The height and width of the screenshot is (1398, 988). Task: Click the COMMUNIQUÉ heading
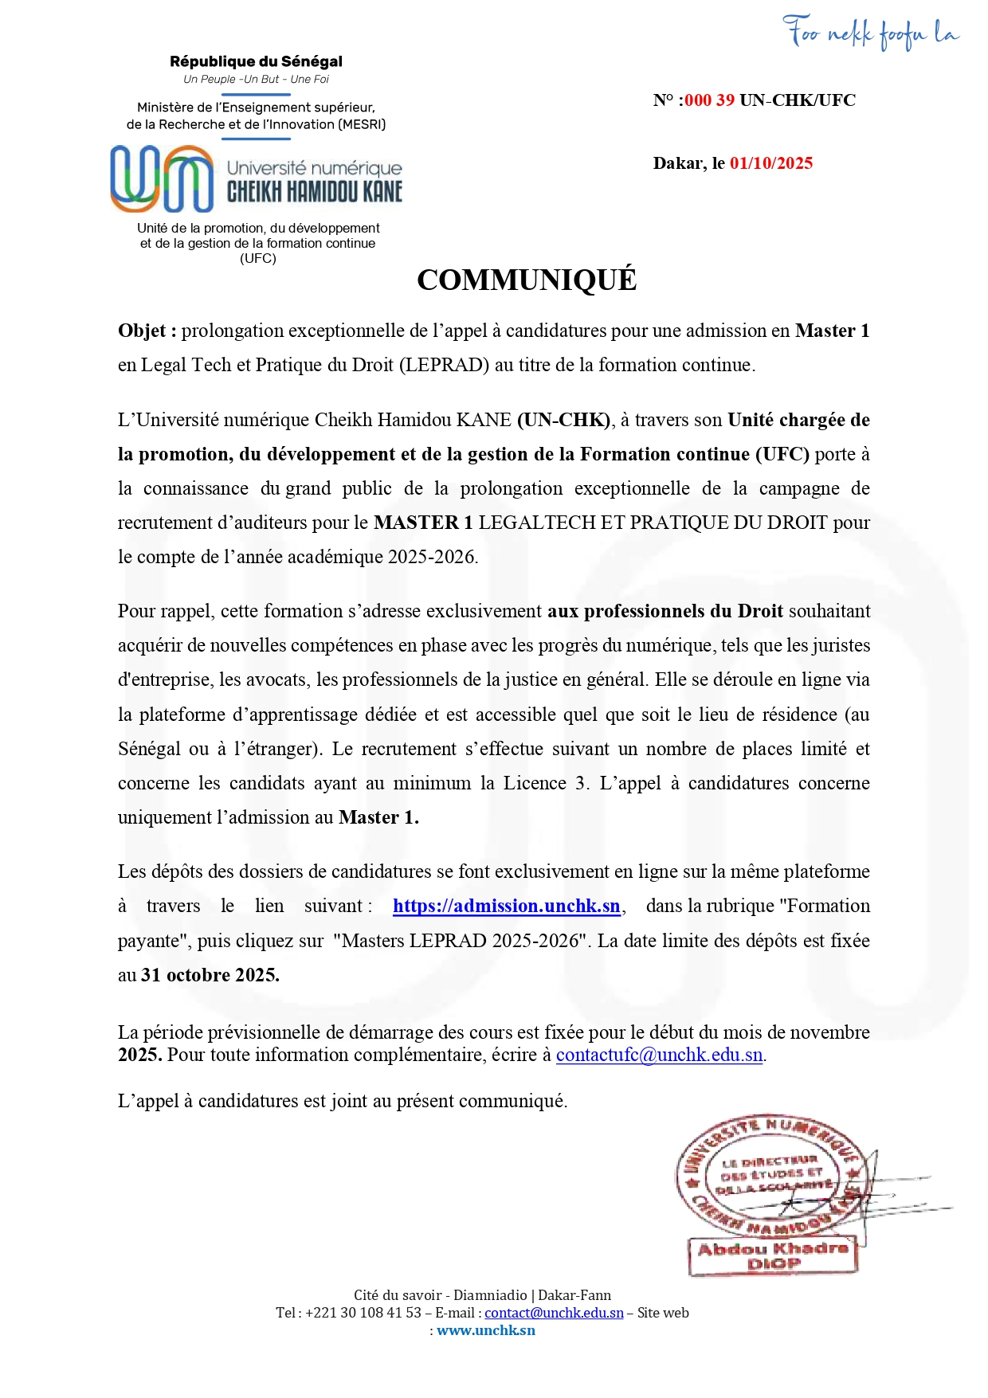(x=527, y=280)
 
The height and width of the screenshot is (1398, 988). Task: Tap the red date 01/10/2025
(x=770, y=163)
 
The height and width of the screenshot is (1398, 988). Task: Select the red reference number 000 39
(x=710, y=100)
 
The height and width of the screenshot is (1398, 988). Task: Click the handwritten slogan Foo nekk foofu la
(x=871, y=33)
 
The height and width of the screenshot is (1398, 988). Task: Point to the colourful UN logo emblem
(x=162, y=178)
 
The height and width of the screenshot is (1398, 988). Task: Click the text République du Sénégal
(x=256, y=61)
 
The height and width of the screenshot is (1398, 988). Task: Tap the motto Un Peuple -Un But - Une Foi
(x=256, y=79)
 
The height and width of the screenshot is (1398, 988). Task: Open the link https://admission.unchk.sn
(x=506, y=907)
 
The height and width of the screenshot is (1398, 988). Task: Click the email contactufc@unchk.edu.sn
(x=660, y=1055)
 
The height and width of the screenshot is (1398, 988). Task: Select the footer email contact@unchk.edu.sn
(x=554, y=1313)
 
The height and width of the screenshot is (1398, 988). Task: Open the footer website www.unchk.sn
(x=486, y=1330)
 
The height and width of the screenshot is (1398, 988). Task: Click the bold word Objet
(x=142, y=331)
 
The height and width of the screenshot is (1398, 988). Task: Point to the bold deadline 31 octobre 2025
(x=210, y=975)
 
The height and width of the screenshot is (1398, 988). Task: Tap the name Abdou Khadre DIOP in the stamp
(x=773, y=1256)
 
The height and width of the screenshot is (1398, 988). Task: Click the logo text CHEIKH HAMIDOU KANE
(x=315, y=191)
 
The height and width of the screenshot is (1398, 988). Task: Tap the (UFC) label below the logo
(x=257, y=258)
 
